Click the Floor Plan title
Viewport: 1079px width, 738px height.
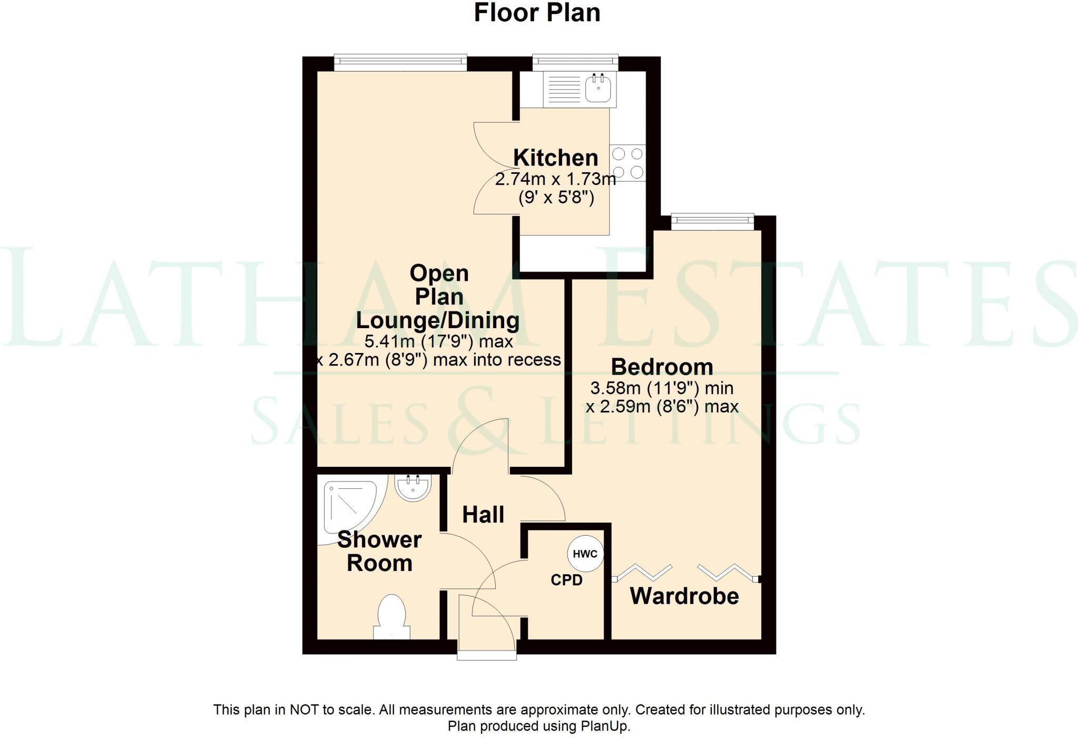pos(537,13)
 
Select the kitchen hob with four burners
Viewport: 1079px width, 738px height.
pos(627,163)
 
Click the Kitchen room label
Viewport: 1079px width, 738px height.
pos(556,158)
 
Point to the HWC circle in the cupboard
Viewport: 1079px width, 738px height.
pos(585,554)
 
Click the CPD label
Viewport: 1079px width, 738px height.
pos(566,580)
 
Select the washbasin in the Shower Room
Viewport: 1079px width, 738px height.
pos(414,487)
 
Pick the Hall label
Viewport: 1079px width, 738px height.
pos(483,515)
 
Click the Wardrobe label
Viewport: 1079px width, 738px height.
pos(684,596)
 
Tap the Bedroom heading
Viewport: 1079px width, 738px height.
pos(662,367)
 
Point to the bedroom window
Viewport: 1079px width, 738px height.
pos(712,222)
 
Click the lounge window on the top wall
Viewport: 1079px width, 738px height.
pos(400,63)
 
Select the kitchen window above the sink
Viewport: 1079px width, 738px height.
pos(575,62)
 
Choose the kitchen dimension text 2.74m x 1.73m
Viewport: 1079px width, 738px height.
pos(555,180)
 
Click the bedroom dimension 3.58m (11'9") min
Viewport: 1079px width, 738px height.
pos(662,389)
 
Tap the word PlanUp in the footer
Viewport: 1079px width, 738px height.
pos(605,726)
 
